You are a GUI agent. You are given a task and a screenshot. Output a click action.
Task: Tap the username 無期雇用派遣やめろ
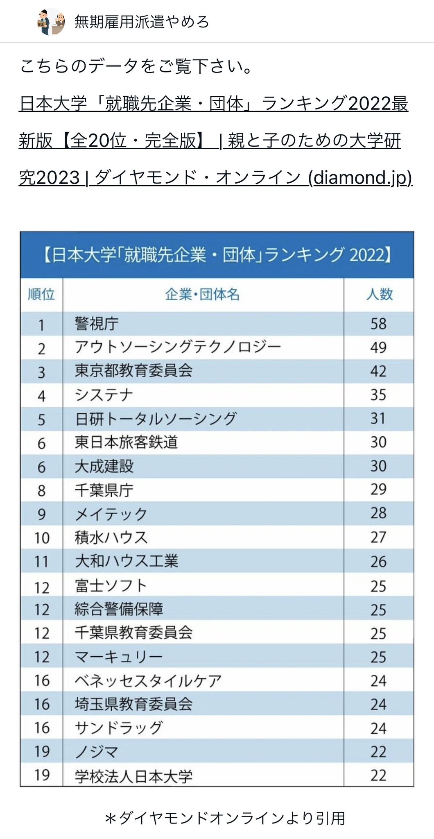point(142,22)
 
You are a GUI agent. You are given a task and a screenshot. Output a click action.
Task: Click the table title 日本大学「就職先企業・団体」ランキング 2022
point(217,255)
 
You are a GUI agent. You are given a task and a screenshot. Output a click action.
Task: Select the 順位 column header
point(41,294)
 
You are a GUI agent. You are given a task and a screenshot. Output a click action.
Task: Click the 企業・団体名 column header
point(203,294)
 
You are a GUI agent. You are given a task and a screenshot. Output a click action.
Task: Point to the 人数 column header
point(379,294)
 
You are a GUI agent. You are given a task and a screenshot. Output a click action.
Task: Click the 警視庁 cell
point(97,324)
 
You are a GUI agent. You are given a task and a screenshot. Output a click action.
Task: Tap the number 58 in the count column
point(378,324)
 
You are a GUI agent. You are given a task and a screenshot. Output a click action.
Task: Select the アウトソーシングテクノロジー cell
point(178,347)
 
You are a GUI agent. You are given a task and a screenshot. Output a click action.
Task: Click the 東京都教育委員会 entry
point(133,371)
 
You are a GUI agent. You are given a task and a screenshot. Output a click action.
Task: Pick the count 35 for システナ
point(378,395)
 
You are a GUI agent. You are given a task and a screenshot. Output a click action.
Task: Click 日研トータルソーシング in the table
point(156,419)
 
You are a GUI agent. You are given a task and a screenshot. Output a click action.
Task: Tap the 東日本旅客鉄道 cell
point(126,442)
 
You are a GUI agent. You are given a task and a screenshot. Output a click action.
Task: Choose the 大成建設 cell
point(104,466)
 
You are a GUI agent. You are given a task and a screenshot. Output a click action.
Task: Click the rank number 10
point(42,538)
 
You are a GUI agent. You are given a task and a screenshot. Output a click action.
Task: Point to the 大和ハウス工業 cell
point(127,561)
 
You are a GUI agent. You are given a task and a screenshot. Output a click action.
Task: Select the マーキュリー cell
point(119,657)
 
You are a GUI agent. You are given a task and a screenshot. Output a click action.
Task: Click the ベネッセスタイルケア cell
point(148,680)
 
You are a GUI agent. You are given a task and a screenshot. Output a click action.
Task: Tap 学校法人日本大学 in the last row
point(133,776)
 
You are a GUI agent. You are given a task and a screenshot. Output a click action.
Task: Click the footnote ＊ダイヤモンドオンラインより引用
point(225,818)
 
